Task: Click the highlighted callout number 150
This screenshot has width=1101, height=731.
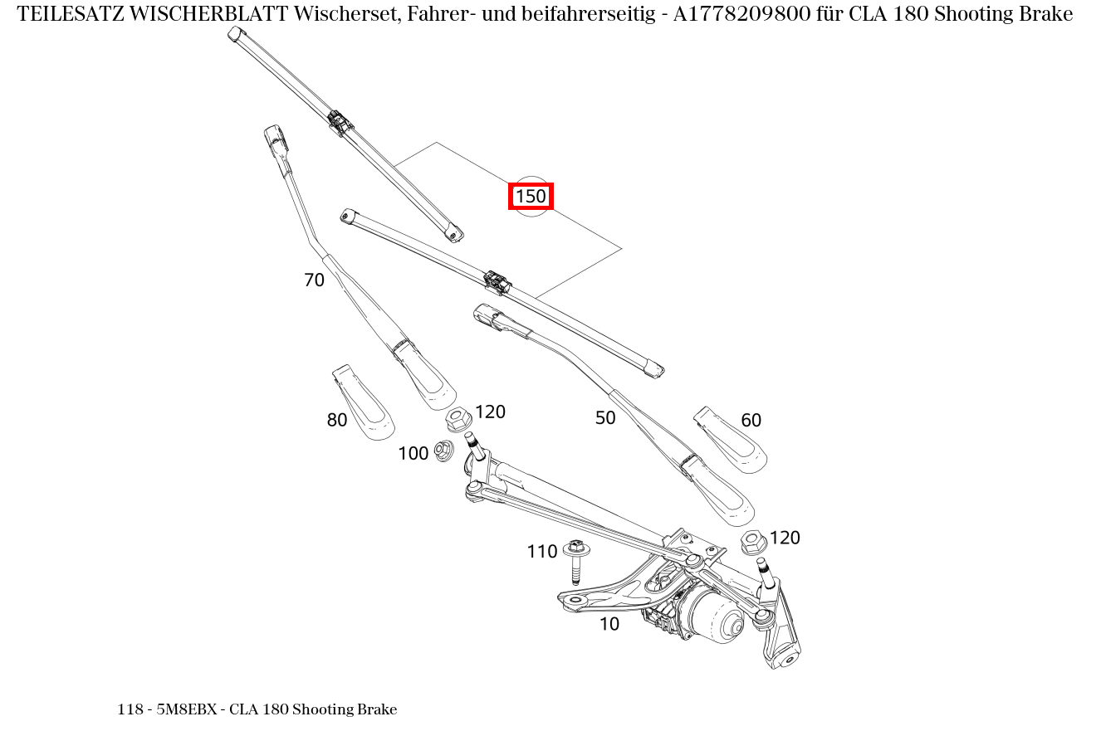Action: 531,197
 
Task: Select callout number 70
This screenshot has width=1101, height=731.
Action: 314,280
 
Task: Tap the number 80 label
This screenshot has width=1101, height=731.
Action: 336,421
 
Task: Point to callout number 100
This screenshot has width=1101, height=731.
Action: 413,454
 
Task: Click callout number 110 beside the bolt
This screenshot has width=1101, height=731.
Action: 541,552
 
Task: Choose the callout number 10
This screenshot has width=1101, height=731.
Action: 609,625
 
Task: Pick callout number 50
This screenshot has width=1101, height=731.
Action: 605,418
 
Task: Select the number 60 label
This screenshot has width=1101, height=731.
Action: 751,421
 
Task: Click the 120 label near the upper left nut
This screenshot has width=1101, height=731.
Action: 490,412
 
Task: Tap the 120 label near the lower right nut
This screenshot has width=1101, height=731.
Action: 785,538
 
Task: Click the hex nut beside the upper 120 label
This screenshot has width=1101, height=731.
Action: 458,419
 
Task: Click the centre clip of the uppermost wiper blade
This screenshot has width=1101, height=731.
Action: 340,123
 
